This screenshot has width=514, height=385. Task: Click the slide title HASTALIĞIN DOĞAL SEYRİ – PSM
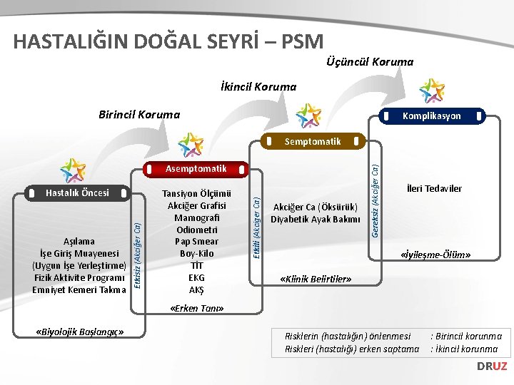tap(168, 41)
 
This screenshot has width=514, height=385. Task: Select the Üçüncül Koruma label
tap(369, 62)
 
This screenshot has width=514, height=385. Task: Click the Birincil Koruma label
tap(139, 114)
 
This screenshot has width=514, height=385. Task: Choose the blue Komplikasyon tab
tap(431, 115)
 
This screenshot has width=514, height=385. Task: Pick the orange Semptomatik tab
tap(313, 141)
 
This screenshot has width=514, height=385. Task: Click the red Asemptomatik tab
tap(195, 169)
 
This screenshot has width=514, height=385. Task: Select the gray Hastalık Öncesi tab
tap(77, 192)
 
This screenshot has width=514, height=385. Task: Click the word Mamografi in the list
tap(196, 217)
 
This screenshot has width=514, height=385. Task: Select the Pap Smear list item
tap(196, 241)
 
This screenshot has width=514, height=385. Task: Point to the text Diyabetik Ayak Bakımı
tap(316, 219)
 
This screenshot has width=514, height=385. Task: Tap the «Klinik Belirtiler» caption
tap(316, 279)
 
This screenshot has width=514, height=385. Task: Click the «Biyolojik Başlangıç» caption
tap(80, 332)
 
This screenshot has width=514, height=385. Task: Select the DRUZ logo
tap(492, 366)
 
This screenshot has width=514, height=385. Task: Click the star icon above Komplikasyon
tap(432, 91)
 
